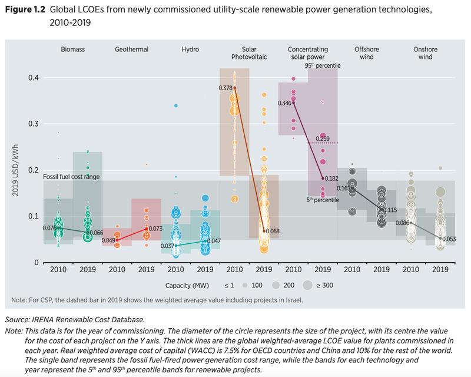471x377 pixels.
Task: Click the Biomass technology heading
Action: [73, 50]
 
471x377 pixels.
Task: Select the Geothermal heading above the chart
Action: [131, 50]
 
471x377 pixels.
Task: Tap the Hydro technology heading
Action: [190, 50]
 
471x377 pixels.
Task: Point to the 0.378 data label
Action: [224, 88]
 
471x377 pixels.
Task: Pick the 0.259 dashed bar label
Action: [323, 138]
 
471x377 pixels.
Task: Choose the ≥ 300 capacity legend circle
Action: [307, 285]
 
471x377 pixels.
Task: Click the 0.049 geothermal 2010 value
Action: [110, 240]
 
